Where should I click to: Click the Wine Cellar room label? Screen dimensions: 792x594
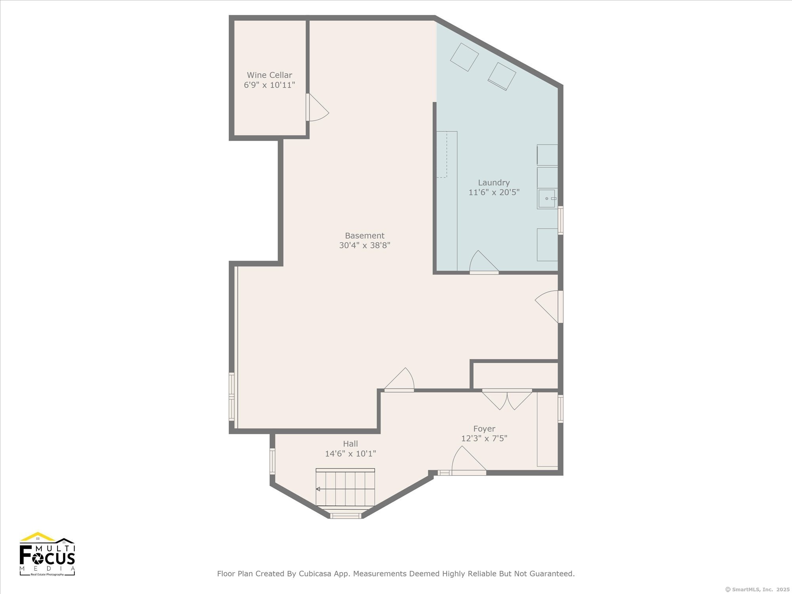click(269, 75)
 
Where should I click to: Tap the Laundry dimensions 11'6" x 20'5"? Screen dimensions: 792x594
click(494, 192)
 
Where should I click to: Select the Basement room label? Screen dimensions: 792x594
click(364, 236)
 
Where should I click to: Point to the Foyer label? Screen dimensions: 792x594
click(484, 429)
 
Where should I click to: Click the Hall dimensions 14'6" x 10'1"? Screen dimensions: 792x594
click(350, 454)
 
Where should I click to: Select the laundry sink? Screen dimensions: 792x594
click(547, 198)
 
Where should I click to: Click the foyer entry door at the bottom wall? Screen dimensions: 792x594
click(469, 461)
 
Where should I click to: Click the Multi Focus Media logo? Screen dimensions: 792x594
click(47, 554)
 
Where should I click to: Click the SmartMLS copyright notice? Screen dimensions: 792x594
click(756, 589)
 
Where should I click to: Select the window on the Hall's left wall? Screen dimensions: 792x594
click(272, 461)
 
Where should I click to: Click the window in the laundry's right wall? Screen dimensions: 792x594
click(560, 220)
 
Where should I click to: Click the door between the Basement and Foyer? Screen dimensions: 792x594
click(399, 380)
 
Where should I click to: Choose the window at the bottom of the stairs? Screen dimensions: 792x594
click(346, 516)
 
